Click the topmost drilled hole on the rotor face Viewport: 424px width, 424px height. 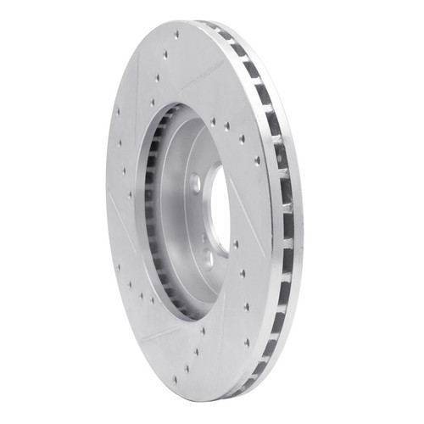click(176, 35)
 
